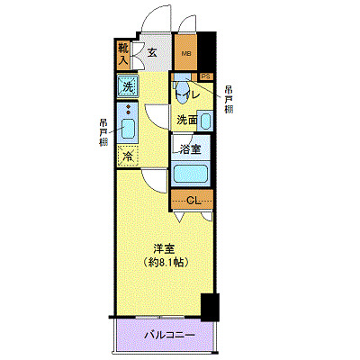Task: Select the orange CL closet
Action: click(193, 200)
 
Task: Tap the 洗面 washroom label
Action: click(186, 120)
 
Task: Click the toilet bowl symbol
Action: click(183, 91)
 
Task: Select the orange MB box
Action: click(186, 55)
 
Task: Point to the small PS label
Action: click(206, 76)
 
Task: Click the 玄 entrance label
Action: click(152, 53)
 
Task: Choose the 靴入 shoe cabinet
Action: click(123, 55)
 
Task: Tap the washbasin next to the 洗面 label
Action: click(206, 120)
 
